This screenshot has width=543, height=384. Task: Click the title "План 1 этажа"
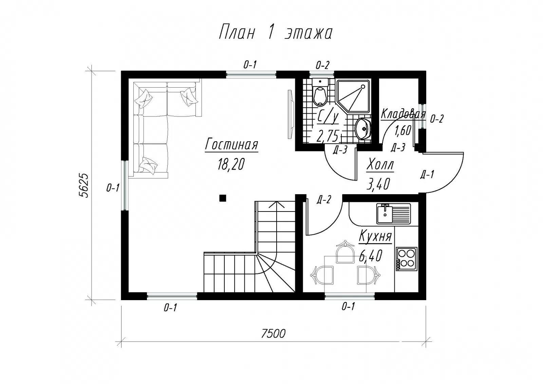(276, 32)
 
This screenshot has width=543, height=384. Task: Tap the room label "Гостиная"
(231, 145)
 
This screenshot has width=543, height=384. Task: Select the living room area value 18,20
(231, 164)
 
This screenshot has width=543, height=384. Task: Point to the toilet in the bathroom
(320, 92)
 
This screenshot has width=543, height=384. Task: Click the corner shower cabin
(353, 96)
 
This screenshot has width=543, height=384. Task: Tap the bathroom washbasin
(363, 129)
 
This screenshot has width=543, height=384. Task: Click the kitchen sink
(393, 214)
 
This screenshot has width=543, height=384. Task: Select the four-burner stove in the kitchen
(407, 259)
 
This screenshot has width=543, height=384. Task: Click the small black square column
(223, 198)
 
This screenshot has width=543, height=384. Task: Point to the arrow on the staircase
(276, 205)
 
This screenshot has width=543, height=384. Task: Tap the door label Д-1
(427, 175)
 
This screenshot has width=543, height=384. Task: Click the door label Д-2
(324, 200)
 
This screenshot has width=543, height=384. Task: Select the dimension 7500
(274, 333)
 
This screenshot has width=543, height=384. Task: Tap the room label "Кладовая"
(403, 114)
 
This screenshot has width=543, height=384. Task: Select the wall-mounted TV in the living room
(291, 114)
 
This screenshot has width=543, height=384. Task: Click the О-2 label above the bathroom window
(322, 65)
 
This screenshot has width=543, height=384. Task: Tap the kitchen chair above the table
(345, 252)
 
